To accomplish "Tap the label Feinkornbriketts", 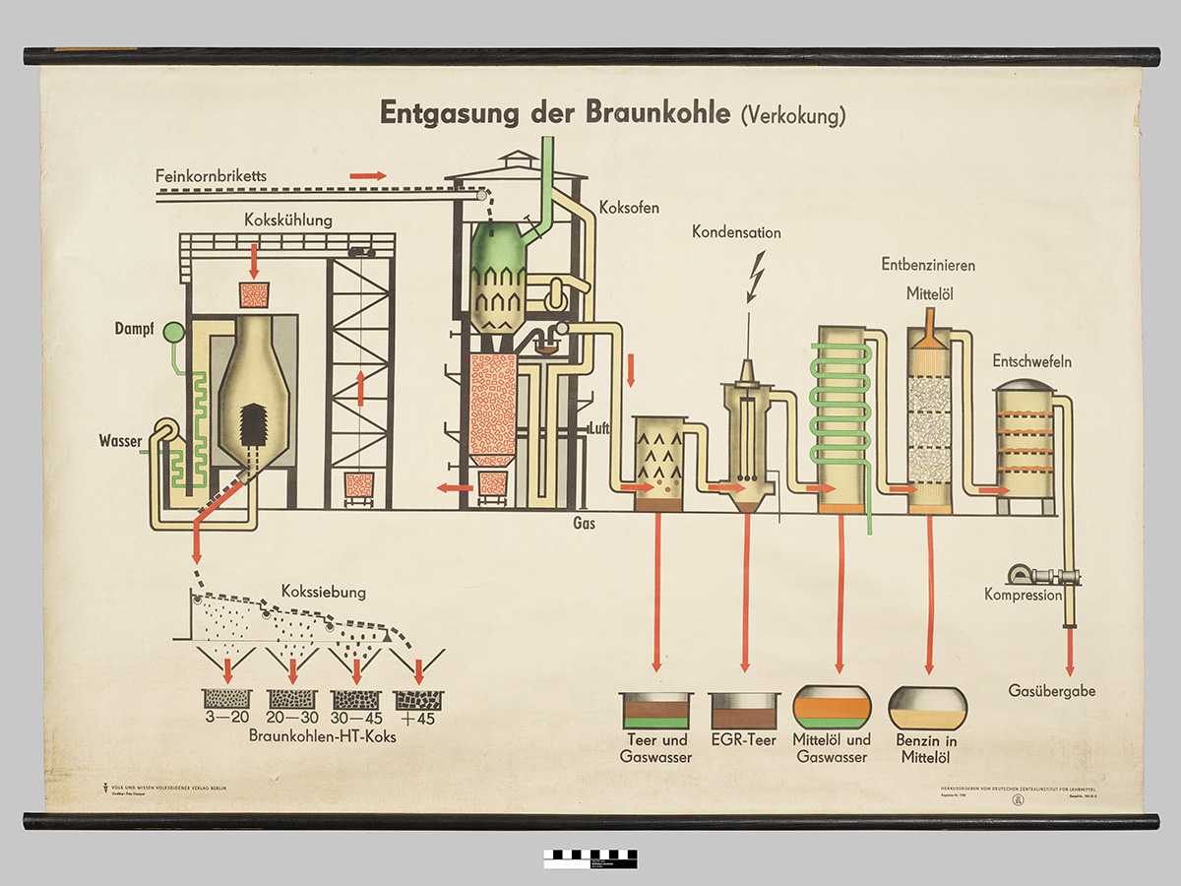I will (211, 176).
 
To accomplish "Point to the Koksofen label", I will (629, 208).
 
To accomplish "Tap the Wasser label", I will (120, 440).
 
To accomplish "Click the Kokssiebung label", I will (323, 592).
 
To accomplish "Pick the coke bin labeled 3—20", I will (227, 699).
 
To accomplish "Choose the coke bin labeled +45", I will (418, 699).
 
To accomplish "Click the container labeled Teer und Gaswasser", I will (655, 711).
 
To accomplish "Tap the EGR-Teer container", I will (744, 711).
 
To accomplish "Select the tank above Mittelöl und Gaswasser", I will (832, 707).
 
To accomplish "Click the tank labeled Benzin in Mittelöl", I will (927, 707).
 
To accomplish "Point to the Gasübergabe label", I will (1052, 691).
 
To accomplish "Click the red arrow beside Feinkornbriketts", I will (369, 175).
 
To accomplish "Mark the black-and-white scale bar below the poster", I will (590, 858).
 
